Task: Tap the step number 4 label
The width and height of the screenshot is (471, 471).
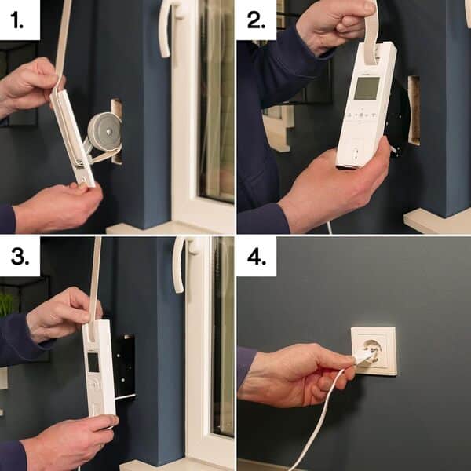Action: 256,257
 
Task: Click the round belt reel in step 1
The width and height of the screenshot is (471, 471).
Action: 104,131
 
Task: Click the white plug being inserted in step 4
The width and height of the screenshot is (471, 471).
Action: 363,356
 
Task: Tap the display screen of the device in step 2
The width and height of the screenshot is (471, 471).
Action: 366,88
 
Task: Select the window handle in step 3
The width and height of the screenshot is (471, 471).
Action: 179,263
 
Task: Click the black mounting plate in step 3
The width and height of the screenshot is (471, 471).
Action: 125,365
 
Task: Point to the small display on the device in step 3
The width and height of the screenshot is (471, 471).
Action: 93,362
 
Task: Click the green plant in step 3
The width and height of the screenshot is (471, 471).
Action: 7,303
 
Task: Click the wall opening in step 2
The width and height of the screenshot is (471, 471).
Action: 413,110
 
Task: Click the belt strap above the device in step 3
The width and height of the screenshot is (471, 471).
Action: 95,283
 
